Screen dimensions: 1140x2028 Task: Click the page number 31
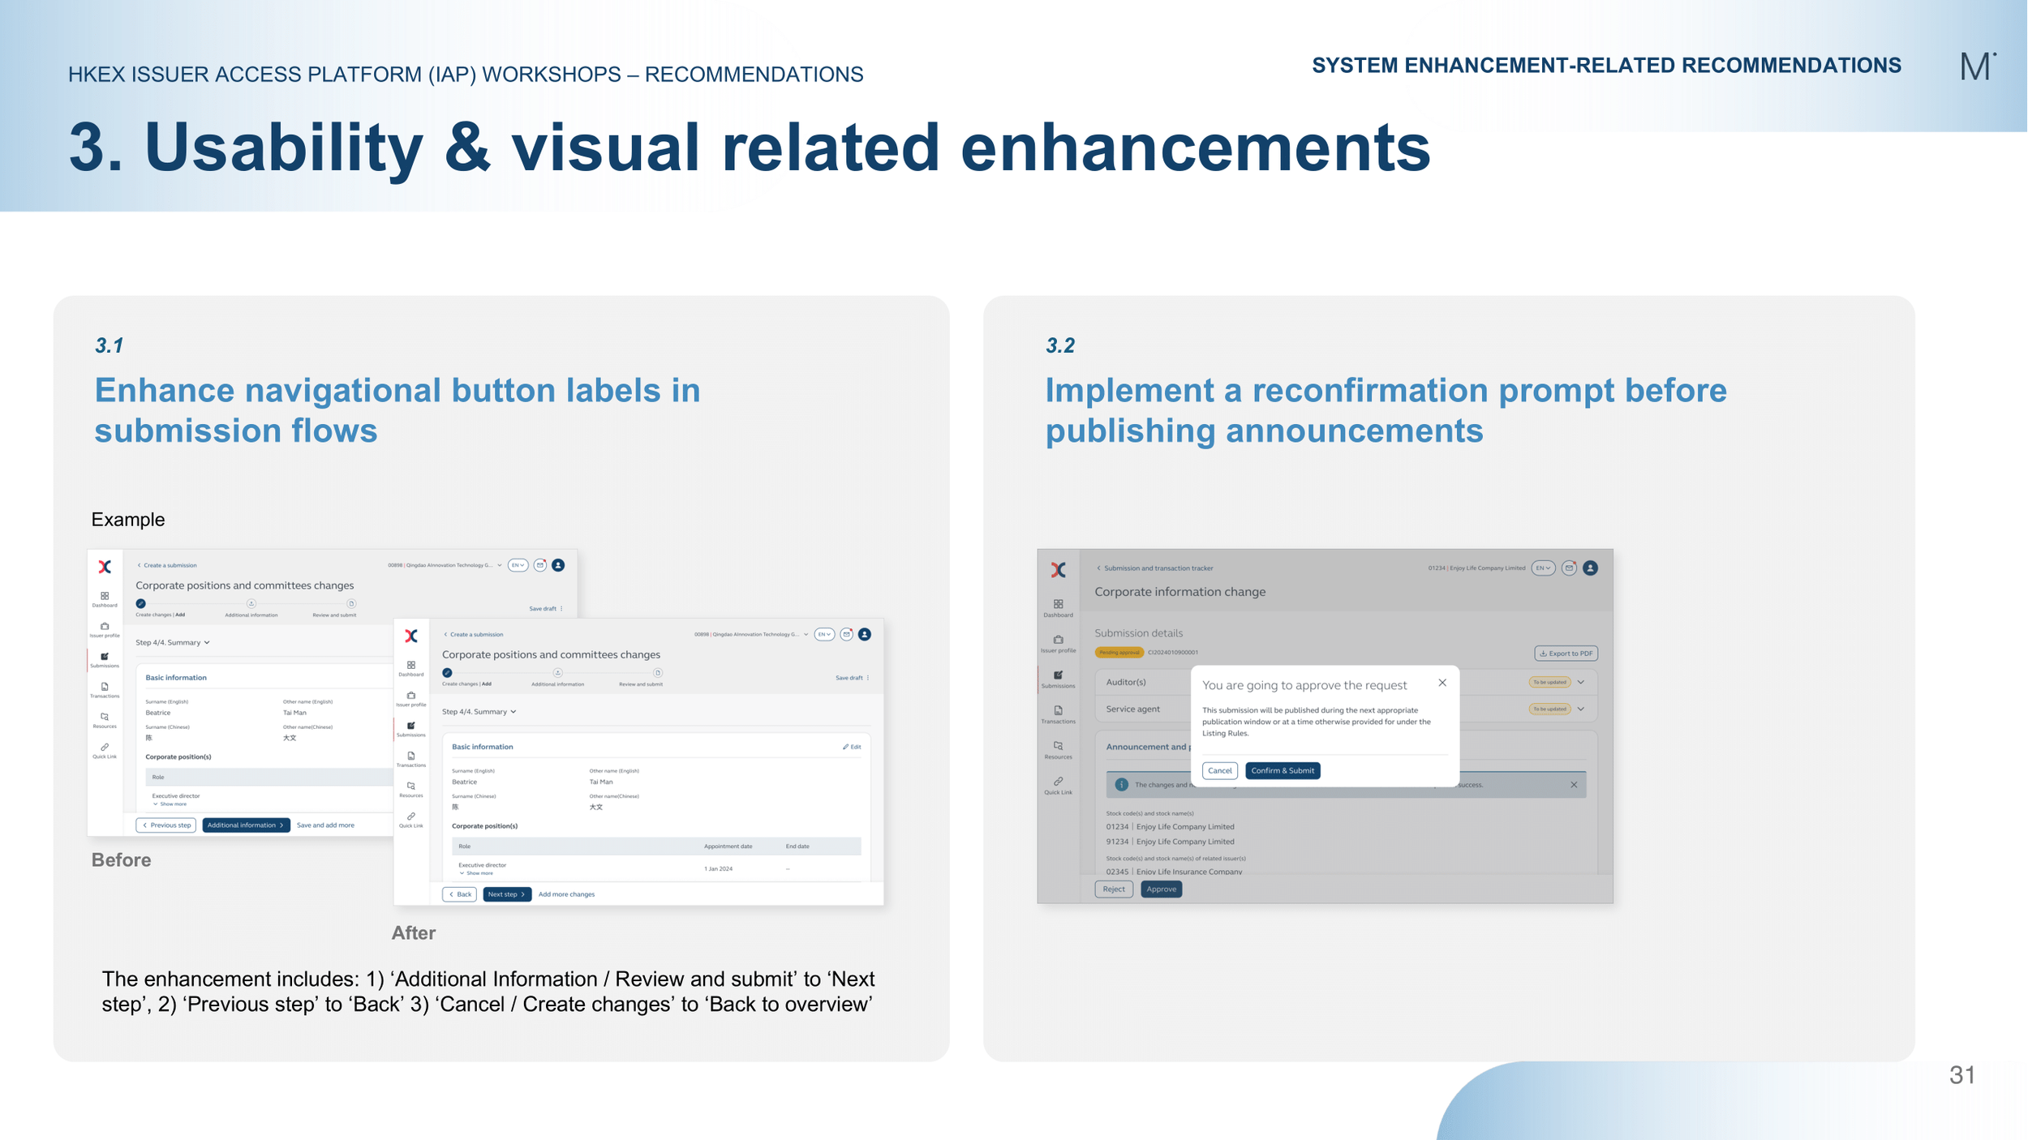(x=1961, y=1075)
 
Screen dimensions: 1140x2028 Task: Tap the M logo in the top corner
(x=1976, y=66)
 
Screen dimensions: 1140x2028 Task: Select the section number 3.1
(x=109, y=345)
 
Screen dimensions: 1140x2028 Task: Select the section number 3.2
(x=1059, y=345)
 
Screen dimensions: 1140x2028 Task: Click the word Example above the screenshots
(x=127, y=520)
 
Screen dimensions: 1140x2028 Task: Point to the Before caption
(x=121, y=859)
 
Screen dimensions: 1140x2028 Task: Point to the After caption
(x=413, y=932)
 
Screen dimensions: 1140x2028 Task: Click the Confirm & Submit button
(x=1282, y=770)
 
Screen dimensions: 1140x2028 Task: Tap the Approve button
(x=1161, y=889)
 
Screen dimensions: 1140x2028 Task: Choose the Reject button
(x=1113, y=889)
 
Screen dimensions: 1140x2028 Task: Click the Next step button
(x=506, y=894)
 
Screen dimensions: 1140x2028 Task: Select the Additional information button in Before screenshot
(x=245, y=825)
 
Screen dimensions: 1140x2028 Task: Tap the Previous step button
(x=166, y=825)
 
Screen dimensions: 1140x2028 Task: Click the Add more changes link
(x=566, y=894)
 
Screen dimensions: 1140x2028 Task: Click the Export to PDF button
(x=1565, y=654)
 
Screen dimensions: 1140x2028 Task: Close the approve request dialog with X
(x=1442, y=683)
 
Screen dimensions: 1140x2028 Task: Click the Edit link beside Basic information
(x=851, y=747)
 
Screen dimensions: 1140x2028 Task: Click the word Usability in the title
(x=283, y=148)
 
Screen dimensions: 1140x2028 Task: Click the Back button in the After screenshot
(x=459, y=894)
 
